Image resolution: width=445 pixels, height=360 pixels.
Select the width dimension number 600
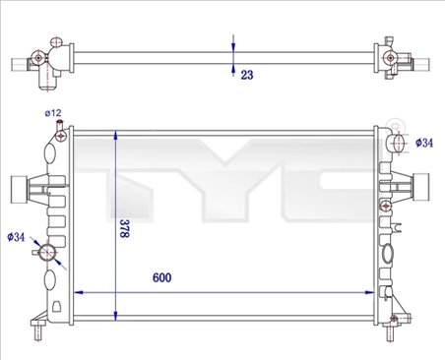pos(161,277)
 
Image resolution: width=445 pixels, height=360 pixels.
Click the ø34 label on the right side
pos(423,143)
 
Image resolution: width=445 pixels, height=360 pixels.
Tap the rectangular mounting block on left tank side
pos(15,186)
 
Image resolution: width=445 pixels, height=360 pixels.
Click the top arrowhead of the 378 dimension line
pos(117,134)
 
